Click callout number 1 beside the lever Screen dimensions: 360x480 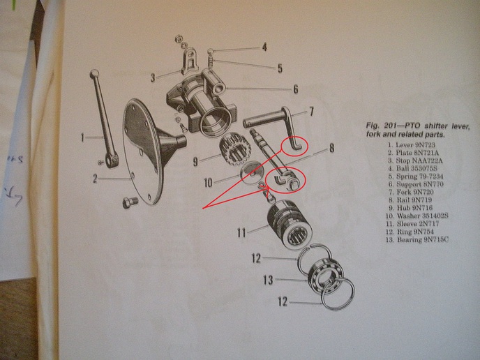(x=82, y=138)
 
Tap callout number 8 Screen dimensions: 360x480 (x=331, y=149)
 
